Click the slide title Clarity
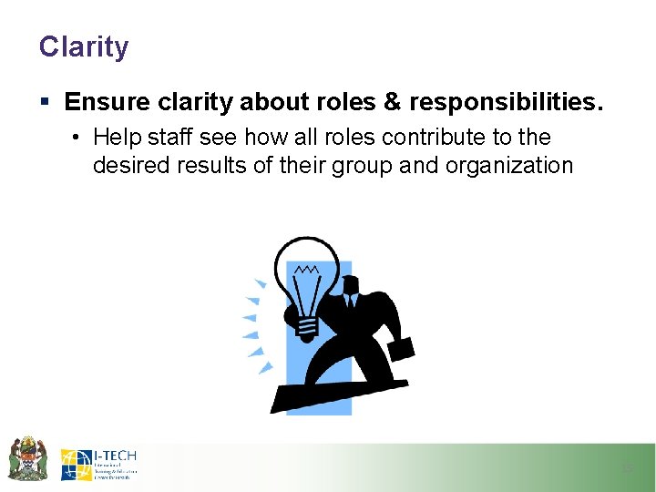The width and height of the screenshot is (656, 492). (84, 46)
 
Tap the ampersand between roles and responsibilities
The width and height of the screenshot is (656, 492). (394, 103)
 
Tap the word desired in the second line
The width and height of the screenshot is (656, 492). (126, 166)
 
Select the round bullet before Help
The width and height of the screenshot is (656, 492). (78, 138)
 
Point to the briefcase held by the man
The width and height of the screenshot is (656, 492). (401, 348)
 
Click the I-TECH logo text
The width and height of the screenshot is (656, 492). (115, 456)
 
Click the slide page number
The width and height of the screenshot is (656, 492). (626, 468)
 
